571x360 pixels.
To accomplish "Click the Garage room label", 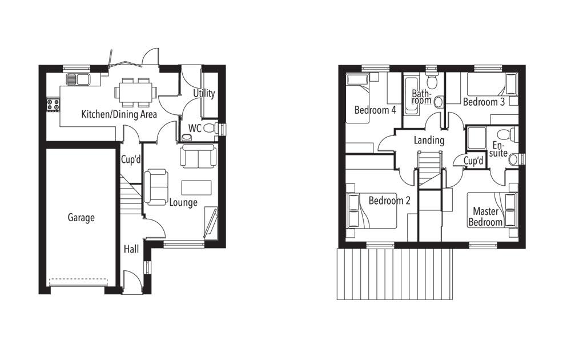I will coord(81,218).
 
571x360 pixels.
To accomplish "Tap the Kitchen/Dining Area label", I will coord(119,114).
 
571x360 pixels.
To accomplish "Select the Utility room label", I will coord(204,93).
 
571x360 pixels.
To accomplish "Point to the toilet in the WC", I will coord(210,129).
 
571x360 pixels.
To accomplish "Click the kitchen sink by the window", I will coord(78,79).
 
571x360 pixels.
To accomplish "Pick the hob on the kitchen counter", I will coord(54,105).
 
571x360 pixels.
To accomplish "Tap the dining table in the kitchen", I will coord(135,91).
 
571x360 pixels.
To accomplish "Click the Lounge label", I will coord(183,202).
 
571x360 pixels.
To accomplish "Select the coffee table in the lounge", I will coord(196,187).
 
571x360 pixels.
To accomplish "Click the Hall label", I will coord(131,249).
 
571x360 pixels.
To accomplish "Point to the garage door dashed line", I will coord(78,280).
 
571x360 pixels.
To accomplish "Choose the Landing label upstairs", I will coord(429,140).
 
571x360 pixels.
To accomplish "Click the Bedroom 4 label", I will coord(375,110).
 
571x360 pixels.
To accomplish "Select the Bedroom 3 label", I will coord(484,102).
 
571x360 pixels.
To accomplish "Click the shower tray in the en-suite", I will coord(475,138).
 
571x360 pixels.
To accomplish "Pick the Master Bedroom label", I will coord(485,217).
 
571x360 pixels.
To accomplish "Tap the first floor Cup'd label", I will coord(473,162).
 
